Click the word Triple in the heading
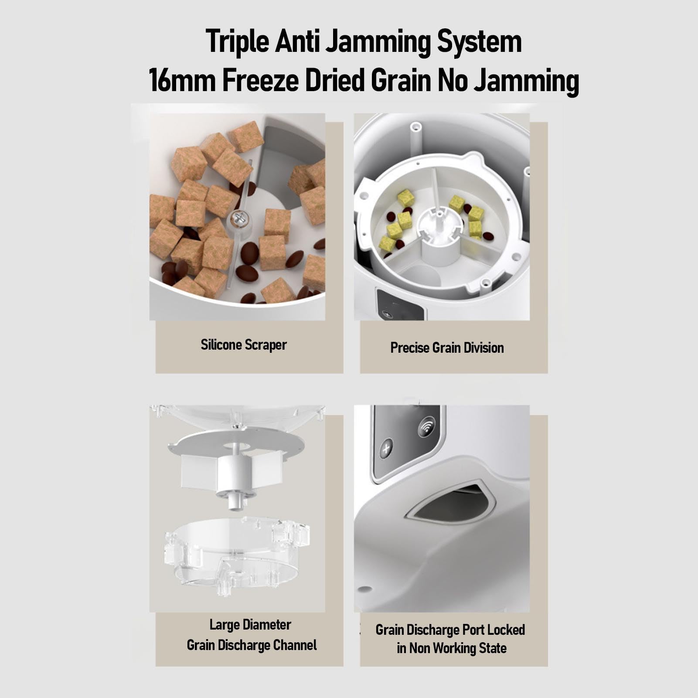pos(237,42)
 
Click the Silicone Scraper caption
pos(244,345)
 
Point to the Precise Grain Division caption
pos(447,348)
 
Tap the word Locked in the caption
pos(506,630)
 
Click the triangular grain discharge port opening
pos(453,502)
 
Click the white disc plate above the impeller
pos(236,445)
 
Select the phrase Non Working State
pos(458,648)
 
